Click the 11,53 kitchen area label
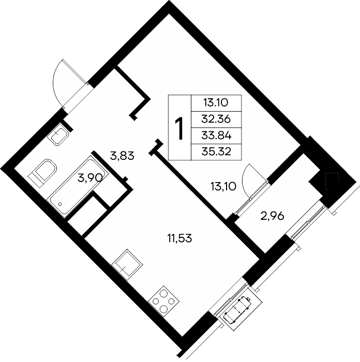179,238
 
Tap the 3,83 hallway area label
122,156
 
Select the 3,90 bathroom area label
90,178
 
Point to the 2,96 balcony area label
272,216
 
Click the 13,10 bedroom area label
223,186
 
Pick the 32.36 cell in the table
216,119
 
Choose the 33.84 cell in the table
216,135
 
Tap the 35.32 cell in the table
216,152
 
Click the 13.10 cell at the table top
216,103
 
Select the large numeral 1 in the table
179,128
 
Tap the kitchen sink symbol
127,265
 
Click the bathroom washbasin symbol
58,134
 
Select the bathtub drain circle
61,204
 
